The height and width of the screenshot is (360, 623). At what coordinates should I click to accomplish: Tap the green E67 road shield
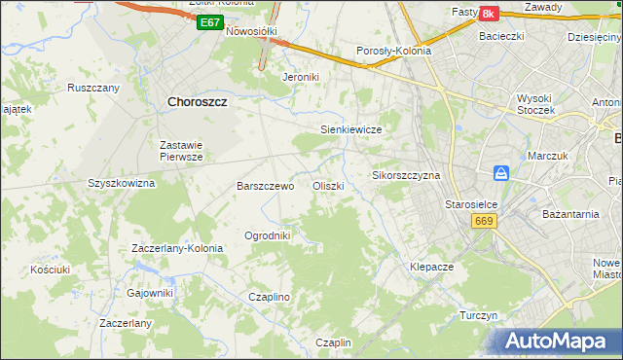(x=208, y=21)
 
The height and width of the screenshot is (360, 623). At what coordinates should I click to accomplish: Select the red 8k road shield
(x=489, y=14)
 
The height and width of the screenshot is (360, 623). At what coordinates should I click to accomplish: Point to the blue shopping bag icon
(x=500, y=173)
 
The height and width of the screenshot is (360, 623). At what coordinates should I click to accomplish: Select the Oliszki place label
(x=327, y=186)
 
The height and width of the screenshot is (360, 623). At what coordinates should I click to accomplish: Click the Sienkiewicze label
(x=350, y=129)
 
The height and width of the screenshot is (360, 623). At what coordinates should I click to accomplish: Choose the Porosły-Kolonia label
(x=393, y=52)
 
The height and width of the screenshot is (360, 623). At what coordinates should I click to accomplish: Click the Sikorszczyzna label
(x=407, y=175)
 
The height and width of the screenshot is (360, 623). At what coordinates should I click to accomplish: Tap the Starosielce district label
(x=471, y=204)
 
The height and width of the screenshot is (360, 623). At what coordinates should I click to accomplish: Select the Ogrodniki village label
(x=267, y=235)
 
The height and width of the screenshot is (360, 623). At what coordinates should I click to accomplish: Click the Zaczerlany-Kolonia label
(x=177, y=248)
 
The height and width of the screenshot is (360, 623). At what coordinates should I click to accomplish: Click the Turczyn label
(x=479, y=316)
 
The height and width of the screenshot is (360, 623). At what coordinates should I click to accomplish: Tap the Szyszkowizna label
(x=122, y=182)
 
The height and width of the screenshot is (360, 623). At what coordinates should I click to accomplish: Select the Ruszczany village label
(x=93, y=88)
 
